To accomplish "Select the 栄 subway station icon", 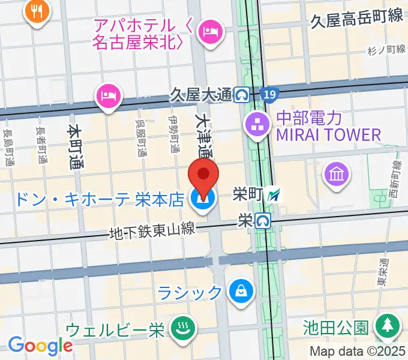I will pyautogui.click(x=262, y=221).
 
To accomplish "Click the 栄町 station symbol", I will pyautogui.click(x=274, y=194).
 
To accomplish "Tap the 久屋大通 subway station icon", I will pyautogui.click(x=242, y=94).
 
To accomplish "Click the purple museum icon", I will pyautogui.click(x=337, y=175).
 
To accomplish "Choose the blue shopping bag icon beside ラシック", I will pyautogui.click(x=241, y=292).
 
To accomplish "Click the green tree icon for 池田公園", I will pyautogui.click(x=387, y=328).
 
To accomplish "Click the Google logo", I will pyautogui.click(x=40, y=346).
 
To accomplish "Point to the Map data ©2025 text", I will pyautogui.click(x=358, y=352).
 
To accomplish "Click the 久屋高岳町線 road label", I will pyautogui.click(x=357, y=18).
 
